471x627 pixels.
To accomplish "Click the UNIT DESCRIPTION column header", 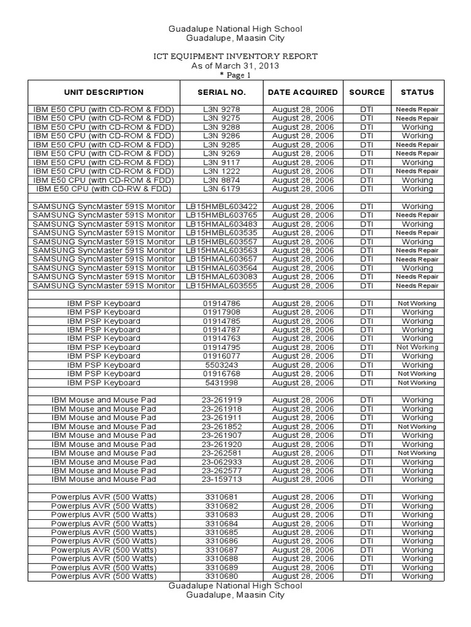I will [x=103, y=92].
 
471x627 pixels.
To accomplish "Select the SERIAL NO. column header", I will [x=221, y=92].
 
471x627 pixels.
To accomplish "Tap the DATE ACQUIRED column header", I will [x=302, y=92].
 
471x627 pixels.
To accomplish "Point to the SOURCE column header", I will [x=367, y=92].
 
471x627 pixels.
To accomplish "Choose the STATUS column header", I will [x=417, y=92].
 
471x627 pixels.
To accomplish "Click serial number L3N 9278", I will [x=221, y=110].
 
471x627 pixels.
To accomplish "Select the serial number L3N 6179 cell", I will [x=221, y=189].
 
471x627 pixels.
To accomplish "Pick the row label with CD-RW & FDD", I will [x=103, y=189].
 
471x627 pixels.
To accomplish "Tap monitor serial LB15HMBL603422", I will [x=221, y=207].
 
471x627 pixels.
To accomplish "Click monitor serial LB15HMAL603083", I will [x=221, y=277].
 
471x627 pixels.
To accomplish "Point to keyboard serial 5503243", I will [x=221, y=365].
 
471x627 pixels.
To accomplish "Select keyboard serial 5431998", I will [x=221, y=383].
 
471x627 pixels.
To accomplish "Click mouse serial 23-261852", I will [x=221, y=427].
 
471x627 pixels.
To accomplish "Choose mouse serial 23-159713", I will [x=221, y=479].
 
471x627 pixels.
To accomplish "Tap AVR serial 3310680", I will [x=221, y=576].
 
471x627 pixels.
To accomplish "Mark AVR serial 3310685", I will [x=221, y=533].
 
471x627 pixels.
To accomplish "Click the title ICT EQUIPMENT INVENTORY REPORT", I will [x=235, y=56].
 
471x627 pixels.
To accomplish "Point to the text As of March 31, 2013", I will [x=235, y=66].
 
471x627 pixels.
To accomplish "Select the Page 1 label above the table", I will [x=235, y=76].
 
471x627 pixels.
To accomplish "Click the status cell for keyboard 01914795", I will [x=417, y=347].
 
